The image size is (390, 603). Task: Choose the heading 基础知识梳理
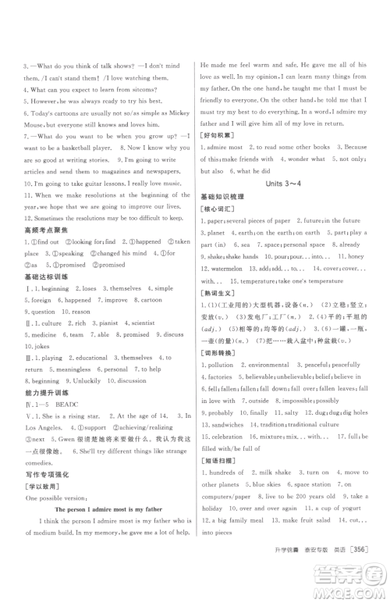(x=222, y=198)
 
